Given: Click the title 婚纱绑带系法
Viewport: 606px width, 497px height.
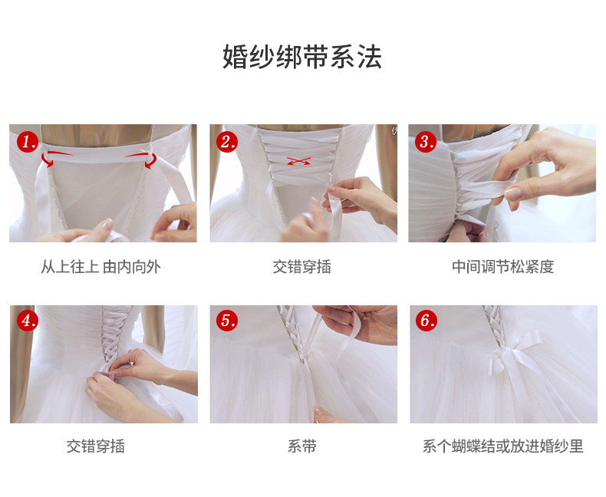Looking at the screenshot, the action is pyautogui.click(x=302, y=57).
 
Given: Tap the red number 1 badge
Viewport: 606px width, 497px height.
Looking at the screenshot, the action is pyautogui.click(x=28, y=141).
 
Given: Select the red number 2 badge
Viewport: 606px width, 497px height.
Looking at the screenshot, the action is pyautogui.click(x=227, y=141).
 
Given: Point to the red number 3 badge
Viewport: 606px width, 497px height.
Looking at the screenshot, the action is pyautogui.click(x=426, y=141).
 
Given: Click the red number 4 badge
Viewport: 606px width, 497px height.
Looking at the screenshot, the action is pyautogui.click(x=28, y=321).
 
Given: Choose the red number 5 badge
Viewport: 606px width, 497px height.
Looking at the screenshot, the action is pyautogui.click(x=227, y=321).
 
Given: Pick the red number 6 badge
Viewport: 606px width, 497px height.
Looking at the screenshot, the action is pyautogui.click(x=427, y=321).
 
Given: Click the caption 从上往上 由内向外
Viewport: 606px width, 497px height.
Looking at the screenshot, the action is pyautogui.click(x=100, y=267).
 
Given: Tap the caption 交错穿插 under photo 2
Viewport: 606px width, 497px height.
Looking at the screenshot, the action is pyautogui.click(x=301, y=267).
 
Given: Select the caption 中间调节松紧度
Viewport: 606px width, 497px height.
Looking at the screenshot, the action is pyautogui.click(x=502, y=267).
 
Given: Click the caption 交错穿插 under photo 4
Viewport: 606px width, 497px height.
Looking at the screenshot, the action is pyautogui.click(x=95, y=446).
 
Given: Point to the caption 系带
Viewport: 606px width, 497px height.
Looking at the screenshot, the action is pyautogui.click(x=301, y=446).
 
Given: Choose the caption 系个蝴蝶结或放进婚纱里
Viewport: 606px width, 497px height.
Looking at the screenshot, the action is pyautogui.click(x=502, y=446).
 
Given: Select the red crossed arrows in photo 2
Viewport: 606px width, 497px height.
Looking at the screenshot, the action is pyautogui.click(x=298, y=161).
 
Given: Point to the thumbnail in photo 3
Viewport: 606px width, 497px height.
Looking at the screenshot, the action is pyautogui.click(x=513, y=193).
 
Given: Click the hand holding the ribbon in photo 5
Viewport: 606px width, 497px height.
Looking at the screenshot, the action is pyautogui.click(x=361, y=324).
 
